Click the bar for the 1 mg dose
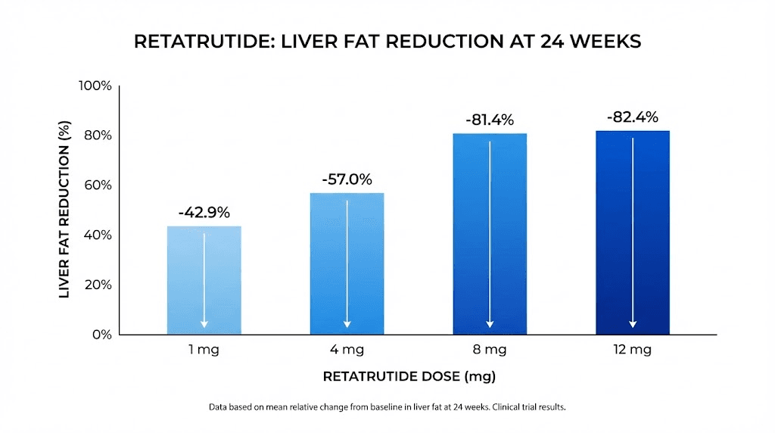[204, 280]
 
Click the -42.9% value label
[204, 213]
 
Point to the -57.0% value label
[347, 179]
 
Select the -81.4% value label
[489, 120]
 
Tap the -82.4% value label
[632, 117]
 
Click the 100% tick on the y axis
[95, 86]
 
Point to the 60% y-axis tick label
[98, 185]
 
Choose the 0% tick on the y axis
[101, 335]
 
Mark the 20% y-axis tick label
[98, 285]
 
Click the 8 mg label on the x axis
[490, 350]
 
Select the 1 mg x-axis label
[204, 350]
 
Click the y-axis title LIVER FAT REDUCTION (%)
[64, 210]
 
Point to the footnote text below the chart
[387, 407]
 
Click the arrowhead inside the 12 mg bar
[633, 324]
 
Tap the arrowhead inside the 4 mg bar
[347, 324]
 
